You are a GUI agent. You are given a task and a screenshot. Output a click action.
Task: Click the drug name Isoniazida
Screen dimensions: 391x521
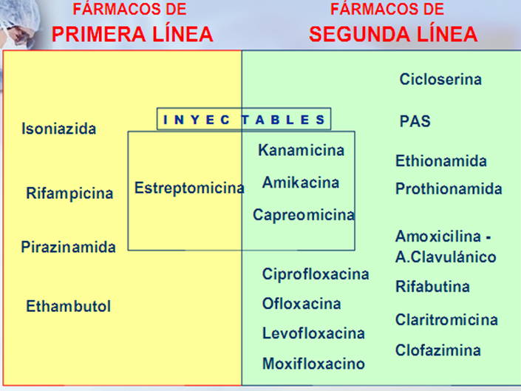tap(59, 129)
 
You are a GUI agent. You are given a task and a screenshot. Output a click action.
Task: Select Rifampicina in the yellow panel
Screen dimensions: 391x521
tap(69, 194)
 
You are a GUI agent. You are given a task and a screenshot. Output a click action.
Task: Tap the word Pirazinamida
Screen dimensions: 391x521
tap(68, 247)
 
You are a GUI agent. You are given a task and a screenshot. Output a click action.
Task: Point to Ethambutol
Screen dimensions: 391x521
tap(68, 306)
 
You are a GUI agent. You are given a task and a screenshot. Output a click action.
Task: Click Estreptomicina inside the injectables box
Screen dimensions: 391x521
tap(189, 188)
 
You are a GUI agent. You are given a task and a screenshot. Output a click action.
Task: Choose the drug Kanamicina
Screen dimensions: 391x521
tap(301, 150)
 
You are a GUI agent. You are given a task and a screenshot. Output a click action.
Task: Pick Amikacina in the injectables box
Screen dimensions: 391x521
tap(301, 182)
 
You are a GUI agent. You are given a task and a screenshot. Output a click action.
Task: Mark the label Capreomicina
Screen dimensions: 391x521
tap(303, 215)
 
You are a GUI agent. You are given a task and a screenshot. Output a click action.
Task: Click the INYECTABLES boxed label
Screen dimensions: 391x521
tap(244, 119)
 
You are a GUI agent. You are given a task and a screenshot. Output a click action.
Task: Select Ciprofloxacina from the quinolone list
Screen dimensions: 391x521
tap(316, 274)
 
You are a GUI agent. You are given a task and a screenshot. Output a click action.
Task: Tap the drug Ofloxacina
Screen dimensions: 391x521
tap(302, 304)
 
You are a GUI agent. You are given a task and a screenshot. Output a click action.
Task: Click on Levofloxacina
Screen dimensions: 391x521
tap(313, 333)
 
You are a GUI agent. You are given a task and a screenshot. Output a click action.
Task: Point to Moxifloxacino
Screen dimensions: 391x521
tap(313, 364)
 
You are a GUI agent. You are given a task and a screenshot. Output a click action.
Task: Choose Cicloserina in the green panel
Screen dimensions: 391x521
tap(440, 79)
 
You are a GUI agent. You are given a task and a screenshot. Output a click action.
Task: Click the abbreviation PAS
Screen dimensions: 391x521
tap(415, 121)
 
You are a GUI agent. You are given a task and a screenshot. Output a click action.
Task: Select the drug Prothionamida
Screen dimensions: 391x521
tap(449, 189)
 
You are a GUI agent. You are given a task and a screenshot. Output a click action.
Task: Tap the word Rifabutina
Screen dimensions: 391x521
tap(432, 287)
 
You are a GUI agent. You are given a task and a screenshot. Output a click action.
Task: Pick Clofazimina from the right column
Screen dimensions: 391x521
tap(437, 350)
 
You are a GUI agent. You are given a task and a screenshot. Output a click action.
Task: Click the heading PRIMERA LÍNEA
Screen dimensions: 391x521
tap(132, 34)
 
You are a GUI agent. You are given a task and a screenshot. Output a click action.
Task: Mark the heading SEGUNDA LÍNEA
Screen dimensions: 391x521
tap(393, 34)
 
